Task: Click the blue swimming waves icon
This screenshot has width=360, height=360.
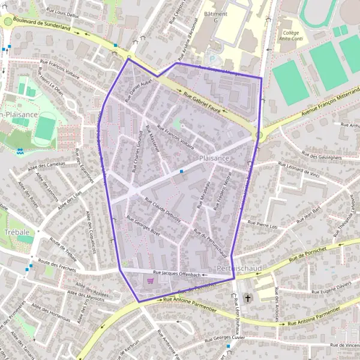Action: point(20,152)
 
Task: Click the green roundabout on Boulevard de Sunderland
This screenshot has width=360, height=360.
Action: point(8,22)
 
